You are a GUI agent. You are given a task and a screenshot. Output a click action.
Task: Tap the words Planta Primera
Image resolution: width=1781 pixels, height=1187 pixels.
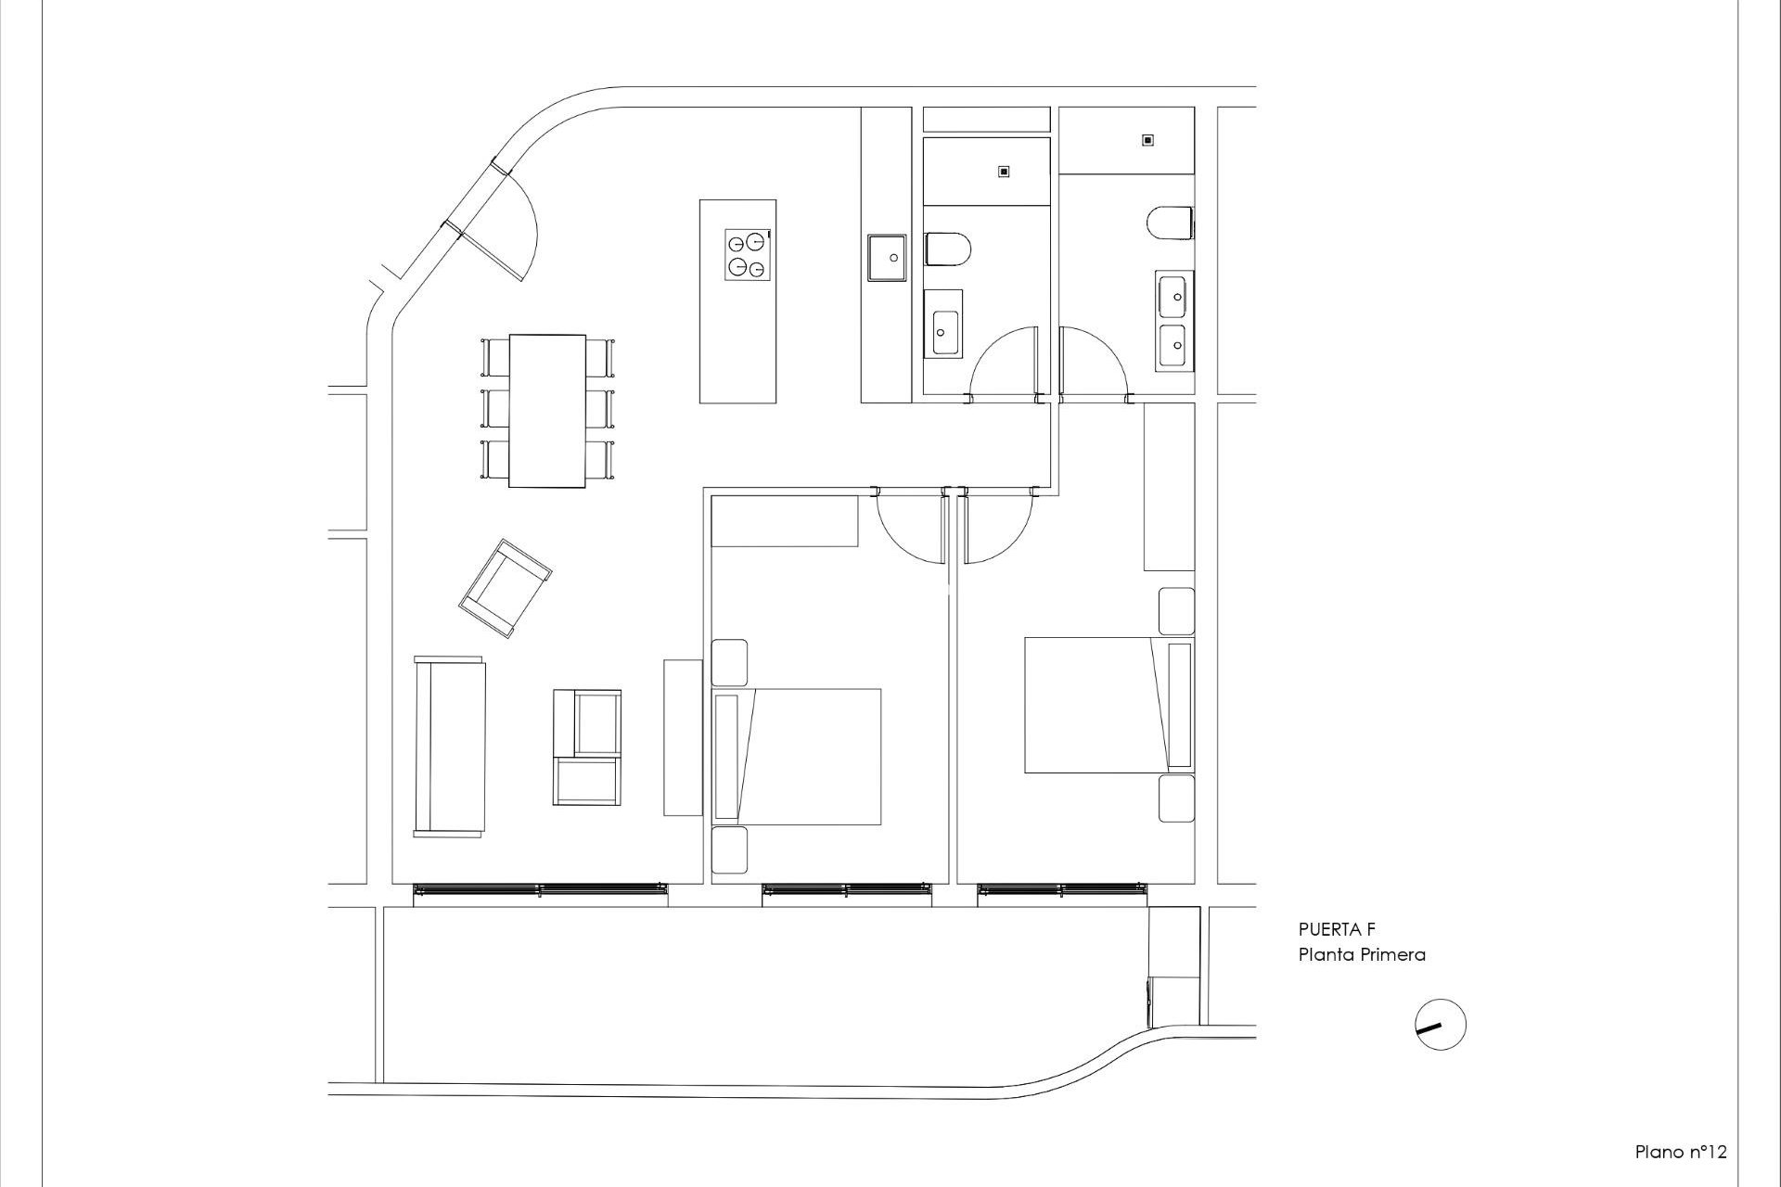(1361, 954)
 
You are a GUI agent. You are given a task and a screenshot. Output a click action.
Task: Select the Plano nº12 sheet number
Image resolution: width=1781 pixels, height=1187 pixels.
(1680, 1152)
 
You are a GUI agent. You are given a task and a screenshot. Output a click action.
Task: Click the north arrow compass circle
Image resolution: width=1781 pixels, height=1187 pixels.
(1441, 1025)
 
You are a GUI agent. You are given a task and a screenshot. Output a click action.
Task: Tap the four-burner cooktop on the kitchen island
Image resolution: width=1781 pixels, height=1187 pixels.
(748, 254)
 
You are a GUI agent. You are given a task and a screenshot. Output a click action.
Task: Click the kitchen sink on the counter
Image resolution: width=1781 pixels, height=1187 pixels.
(886, 257)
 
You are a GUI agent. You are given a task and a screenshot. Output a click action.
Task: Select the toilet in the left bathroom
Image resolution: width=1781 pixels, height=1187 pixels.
(947, 249)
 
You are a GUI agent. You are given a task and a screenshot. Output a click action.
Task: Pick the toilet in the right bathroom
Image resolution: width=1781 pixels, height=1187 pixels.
(1170, 223)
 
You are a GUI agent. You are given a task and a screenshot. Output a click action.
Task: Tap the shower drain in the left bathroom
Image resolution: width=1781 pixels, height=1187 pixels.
(1004, 172)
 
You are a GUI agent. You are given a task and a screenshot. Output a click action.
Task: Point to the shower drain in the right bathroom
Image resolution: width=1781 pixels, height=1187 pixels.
(1147, 140)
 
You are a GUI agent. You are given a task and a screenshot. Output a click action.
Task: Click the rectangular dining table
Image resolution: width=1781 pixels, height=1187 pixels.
(547, 410)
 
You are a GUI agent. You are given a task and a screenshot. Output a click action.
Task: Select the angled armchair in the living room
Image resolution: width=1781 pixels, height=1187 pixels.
(505, 588)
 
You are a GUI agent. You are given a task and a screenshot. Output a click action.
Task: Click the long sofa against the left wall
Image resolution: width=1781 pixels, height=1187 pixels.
(450, 747)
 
